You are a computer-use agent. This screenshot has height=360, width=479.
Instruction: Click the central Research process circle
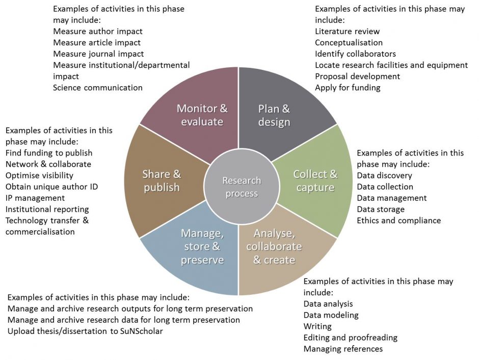pos(241,187)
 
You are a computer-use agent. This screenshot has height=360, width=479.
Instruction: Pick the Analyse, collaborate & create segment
pos(274,247)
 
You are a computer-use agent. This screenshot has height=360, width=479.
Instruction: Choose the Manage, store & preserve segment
pos(202,247)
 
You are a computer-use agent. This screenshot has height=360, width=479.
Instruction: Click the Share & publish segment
pos(162,181)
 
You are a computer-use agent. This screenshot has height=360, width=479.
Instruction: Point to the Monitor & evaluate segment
pos(202,115)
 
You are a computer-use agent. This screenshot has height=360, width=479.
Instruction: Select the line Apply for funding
pos(348,88)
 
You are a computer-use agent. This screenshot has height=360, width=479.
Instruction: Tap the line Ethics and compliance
pos(398,221)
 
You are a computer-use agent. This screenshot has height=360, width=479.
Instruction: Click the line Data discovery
pos(385,176)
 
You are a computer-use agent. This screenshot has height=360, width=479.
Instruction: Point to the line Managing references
pos(343,349)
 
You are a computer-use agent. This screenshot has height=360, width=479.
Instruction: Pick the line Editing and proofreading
pos(350,338)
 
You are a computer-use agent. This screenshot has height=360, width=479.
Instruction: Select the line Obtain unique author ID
pos(52,187)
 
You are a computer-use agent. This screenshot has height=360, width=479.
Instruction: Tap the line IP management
pos(35,198)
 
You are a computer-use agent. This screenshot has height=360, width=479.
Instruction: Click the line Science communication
pos(98,88)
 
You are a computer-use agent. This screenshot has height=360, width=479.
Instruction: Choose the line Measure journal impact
pos(98,54)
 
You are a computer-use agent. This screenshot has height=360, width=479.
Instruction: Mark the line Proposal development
pos(357,76)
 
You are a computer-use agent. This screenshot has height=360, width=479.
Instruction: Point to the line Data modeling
pos(331,315)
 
